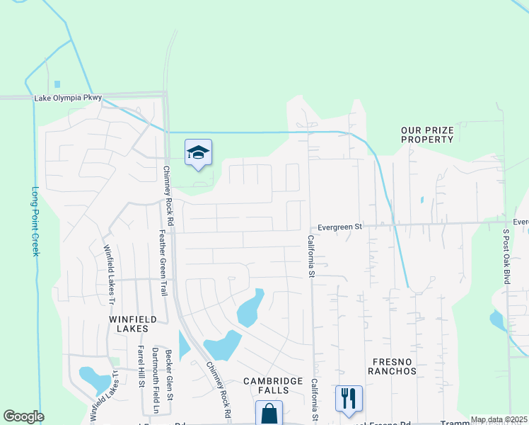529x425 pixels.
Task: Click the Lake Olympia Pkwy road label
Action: point(68,98)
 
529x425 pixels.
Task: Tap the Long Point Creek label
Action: point(35,221)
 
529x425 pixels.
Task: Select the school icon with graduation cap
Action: point(199,152)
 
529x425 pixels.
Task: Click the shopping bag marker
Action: point(269,414)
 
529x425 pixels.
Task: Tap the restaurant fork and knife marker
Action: point(348,399)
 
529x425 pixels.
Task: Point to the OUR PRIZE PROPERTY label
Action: point(427,135)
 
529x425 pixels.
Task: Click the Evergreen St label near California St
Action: point(339,227)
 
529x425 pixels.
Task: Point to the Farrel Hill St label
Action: point(141,366)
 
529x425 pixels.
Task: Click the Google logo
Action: point(23,416)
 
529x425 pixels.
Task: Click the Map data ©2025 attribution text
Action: point(499,419)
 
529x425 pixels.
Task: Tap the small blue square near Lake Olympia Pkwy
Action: point(57,84)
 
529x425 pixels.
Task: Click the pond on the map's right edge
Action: point(497,321)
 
